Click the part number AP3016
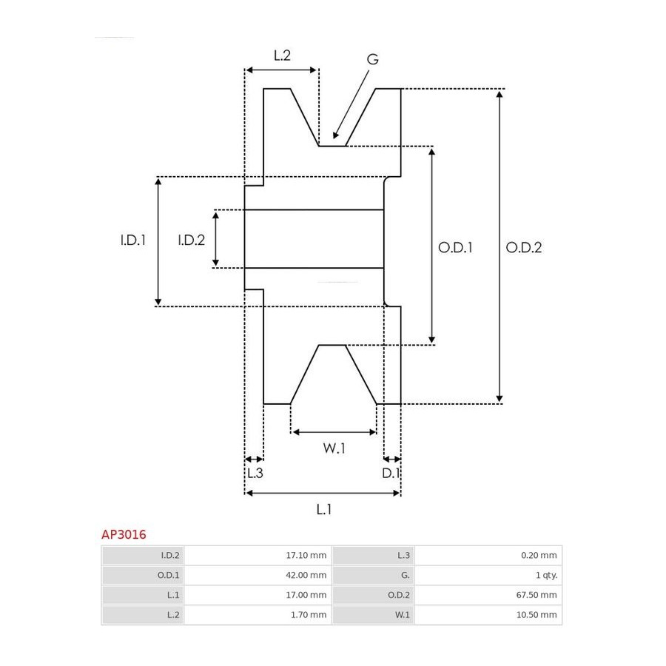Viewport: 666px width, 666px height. [124, 534]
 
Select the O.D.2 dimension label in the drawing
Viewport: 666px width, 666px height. [524, 248]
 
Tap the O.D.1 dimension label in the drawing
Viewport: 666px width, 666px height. [455, 248]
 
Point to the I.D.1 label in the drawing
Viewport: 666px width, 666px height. [133, 240]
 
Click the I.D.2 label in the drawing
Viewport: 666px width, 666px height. [191, 240]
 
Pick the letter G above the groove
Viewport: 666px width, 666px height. [372, 59]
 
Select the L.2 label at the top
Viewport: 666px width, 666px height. [282, 55]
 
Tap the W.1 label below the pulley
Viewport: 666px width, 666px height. [334, 448]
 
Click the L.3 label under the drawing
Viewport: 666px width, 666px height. [255, 473]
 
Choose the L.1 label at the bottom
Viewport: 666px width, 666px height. [323, 509]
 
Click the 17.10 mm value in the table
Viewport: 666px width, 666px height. [306, 555]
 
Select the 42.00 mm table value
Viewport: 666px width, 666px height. [306, 575]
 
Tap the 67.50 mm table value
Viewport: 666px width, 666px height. [536, 595]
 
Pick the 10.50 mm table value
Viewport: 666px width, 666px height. [536, 615]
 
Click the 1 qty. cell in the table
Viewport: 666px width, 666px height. [546, 575]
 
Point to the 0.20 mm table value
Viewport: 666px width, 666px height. [539, 555]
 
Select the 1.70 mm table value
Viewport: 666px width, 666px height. [309, 615]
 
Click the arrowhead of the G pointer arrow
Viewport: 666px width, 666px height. [335, 135]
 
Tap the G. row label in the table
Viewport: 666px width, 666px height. [406, 575]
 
